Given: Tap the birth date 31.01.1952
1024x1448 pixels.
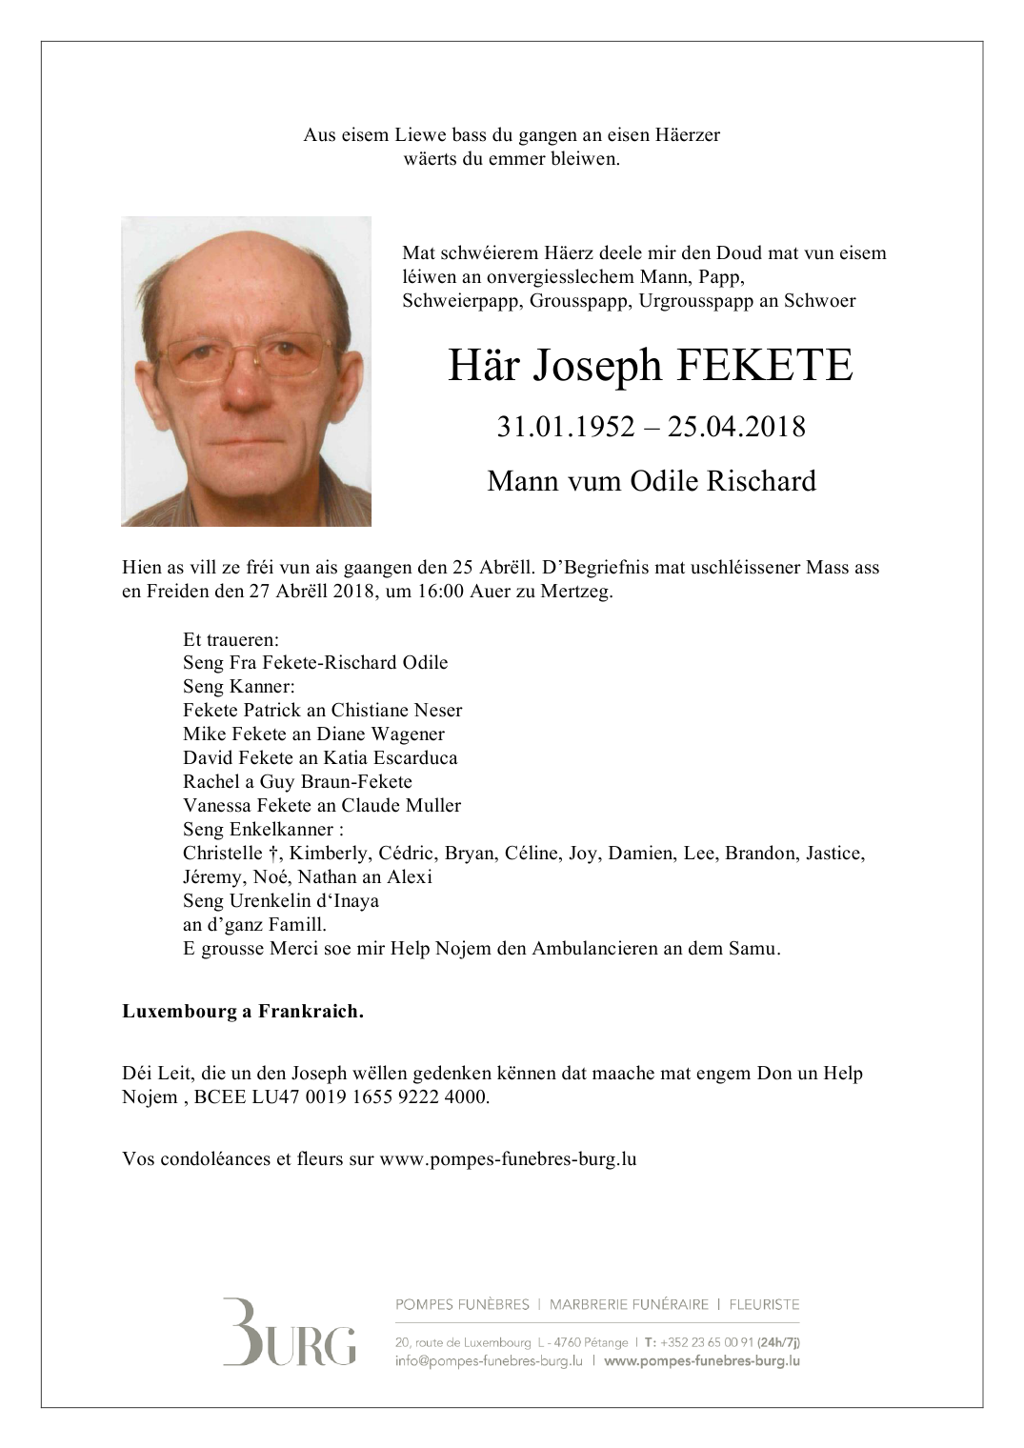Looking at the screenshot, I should coord(565,427).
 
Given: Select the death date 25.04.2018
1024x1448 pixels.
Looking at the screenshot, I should coord(736,427).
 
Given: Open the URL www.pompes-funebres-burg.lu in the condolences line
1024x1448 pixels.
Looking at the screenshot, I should coord(508,1159).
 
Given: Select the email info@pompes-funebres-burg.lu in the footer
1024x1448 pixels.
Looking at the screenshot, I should coord(489,1361).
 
